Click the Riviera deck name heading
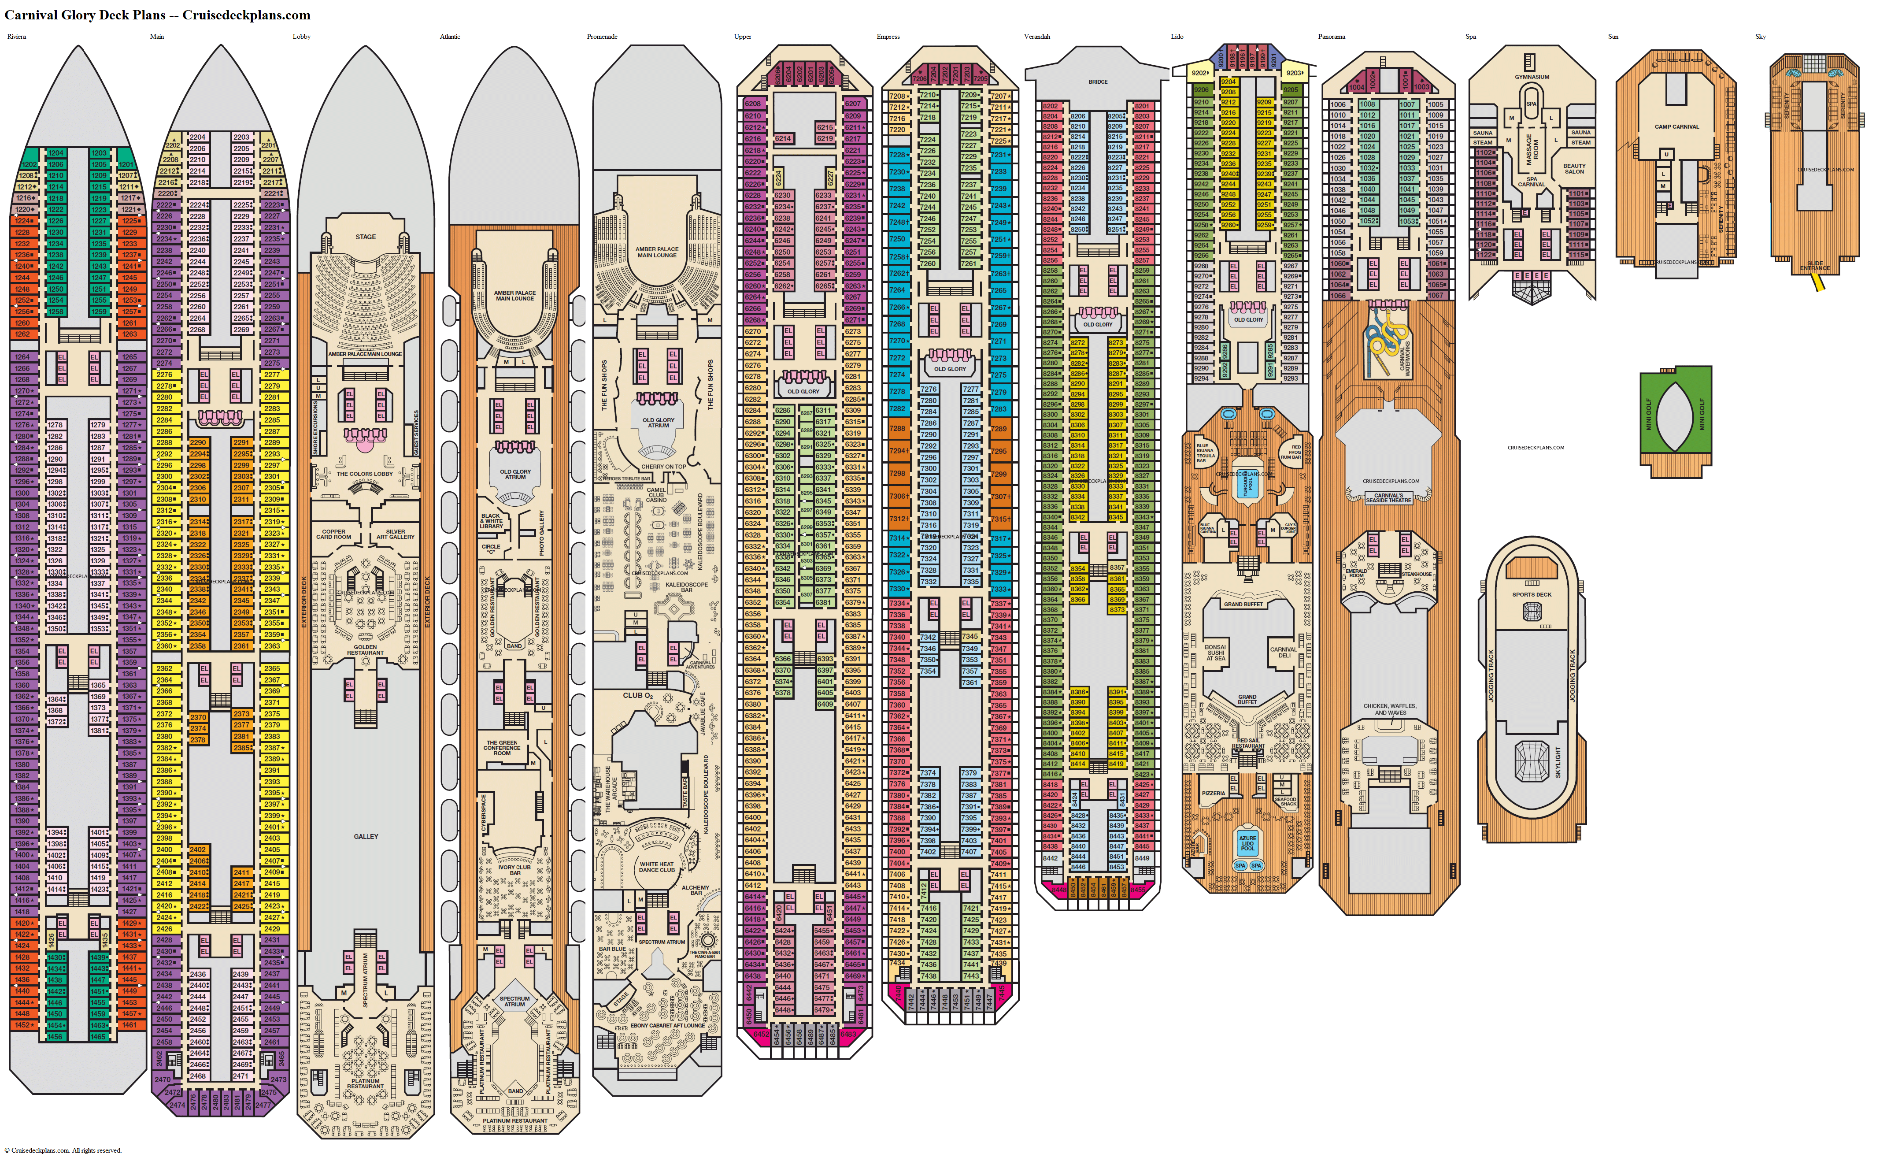(x=16, y=36)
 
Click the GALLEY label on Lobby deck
(x=366, y=836)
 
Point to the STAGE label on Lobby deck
(x=366, y=237)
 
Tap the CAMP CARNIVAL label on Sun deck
(x=1676, y=126)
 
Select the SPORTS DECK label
(x=1532, y=594)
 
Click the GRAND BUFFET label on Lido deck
(x=1243, y=605)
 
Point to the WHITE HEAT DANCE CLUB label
(x=656, y=867)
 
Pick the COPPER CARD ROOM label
(x=333, y=534)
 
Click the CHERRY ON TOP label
(x=663, y=466)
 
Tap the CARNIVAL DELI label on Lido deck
(x=1284, y=652)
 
